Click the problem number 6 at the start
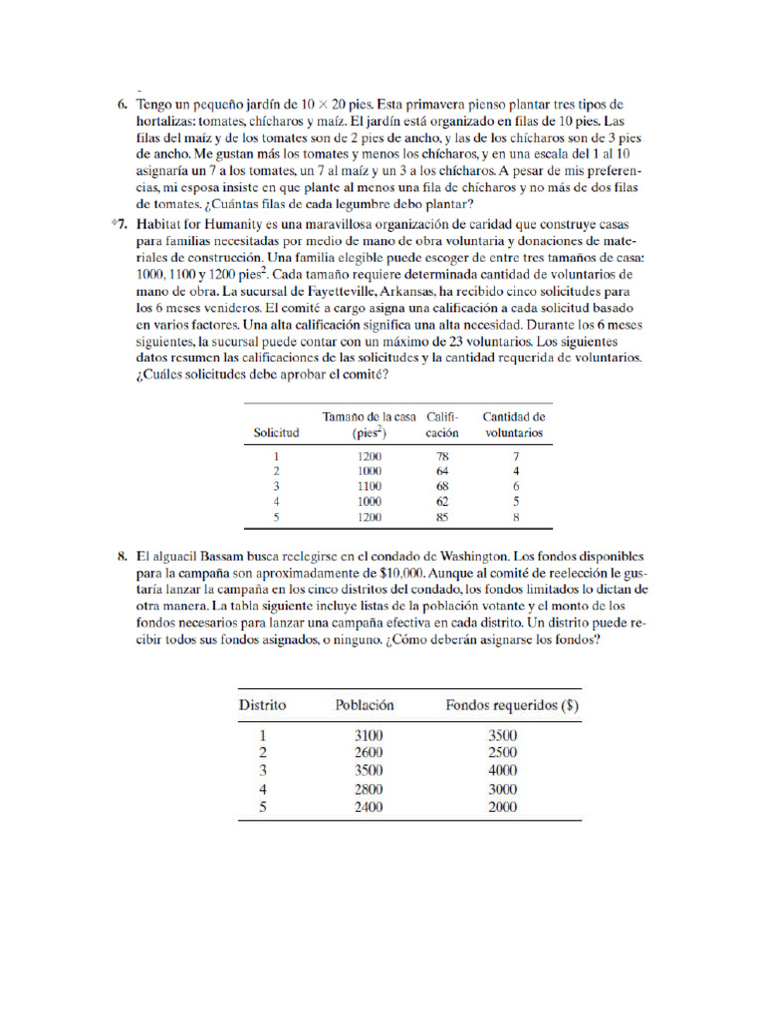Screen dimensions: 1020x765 point(121,105)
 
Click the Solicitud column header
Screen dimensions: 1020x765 point(276,434)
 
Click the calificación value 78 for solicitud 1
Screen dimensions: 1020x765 point(442,456)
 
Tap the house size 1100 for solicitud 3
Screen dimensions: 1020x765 point(369,487)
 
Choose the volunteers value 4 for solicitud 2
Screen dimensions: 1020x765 point(515,471)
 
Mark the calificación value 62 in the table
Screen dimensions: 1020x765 point(442,503)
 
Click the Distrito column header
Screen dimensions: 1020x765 point(262,705)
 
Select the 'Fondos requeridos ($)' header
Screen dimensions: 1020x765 point(512,705)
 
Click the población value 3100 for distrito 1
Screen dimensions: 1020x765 point(368,735)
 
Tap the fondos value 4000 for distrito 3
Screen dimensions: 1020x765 point(502,771)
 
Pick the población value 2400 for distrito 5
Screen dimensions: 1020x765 point(368,807)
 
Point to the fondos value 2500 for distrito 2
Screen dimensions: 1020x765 point(502,753)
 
